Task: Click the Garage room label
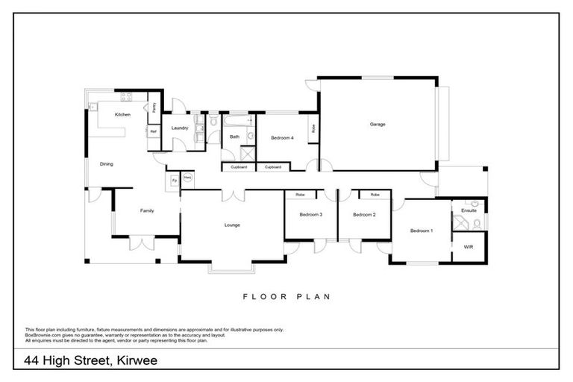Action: tap(378, 124)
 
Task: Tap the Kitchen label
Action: tap(122, 115)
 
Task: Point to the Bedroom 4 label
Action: tap(282, 138)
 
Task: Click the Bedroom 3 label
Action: tap(310, 215)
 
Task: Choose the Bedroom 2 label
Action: tap(363, 215)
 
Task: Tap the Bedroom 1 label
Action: tap(421, 231)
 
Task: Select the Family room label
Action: tap(147, 211)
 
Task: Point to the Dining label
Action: tap(107, 163)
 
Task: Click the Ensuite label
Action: tap(469, 211)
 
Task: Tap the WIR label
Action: tap(469, 245)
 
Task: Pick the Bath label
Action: tap(234, 137)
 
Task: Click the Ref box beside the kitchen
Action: tap(153, 131)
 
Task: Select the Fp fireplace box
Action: tap(174, 181)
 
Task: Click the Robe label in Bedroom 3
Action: tap(300, 195)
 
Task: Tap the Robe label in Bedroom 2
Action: tap(375, 195)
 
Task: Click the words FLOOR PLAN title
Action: tap(286, 296)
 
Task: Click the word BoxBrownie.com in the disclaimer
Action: tap(43, 334)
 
